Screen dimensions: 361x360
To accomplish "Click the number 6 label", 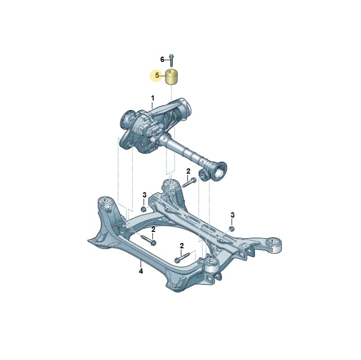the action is pos(162,60).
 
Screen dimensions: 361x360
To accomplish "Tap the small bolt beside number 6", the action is pos(172,61).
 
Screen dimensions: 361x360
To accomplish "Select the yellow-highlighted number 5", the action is pos(157,75).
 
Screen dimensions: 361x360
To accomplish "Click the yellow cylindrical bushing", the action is pos(173,77).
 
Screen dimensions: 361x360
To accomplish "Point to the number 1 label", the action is pos(153,98).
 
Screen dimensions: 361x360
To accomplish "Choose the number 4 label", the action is pos(140,271).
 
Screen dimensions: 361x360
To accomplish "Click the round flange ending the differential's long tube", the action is pos(219,170).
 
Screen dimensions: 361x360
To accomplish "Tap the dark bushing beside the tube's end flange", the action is pos(204,175).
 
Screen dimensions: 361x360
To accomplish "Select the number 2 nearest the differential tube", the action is pos(188,171).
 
